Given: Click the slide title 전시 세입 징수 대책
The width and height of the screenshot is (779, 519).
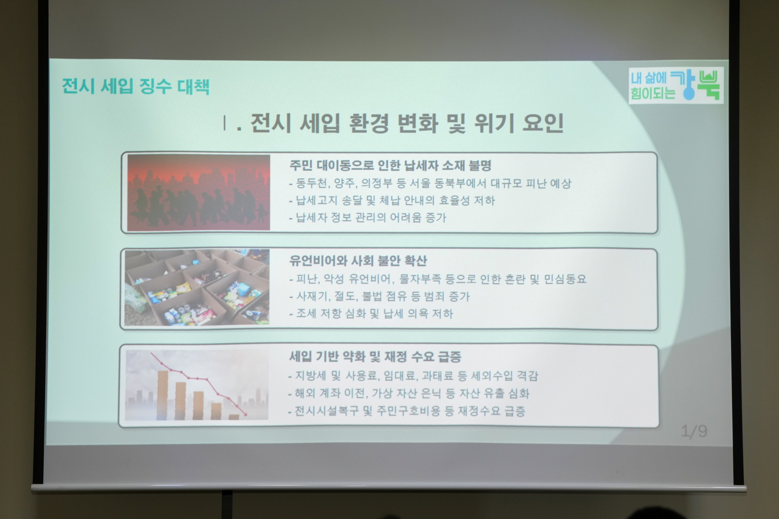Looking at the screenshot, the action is click(x=136, y=86).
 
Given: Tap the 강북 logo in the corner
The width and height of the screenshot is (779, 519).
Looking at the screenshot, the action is click(x=676, y=86).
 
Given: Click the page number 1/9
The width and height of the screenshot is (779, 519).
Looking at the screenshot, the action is click(x=694, y=432).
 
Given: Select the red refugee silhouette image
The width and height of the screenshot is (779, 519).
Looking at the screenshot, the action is click(x=199, y=192).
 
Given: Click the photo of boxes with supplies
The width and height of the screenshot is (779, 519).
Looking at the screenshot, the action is click(x=197, y=287).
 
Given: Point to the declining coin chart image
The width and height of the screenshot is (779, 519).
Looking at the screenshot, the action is click(x=197, y=385).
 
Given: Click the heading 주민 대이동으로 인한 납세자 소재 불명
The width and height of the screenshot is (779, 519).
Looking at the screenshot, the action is click(x=390, y=165).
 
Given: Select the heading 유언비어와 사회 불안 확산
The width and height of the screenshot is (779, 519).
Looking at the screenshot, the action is click(x=358, y=260).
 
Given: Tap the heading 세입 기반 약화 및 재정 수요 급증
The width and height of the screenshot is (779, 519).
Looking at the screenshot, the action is click(x=375, y=356).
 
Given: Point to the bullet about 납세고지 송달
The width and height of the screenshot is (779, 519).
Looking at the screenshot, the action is click(x=392, y=200).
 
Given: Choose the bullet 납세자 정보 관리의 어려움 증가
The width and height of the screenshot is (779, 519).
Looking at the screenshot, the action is click(x=367, y=218).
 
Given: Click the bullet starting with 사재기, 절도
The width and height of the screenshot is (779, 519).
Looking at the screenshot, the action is click(x=379, y=297).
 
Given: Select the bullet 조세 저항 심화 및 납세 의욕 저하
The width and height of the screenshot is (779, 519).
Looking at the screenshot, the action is click(x=371, y=314).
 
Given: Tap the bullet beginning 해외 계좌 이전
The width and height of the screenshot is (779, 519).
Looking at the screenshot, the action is click(x=409, y=394).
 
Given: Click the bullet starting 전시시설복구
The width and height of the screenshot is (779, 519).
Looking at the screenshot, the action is click(x=407, y=411).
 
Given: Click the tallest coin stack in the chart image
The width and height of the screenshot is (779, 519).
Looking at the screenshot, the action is click(x=163, y=395).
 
